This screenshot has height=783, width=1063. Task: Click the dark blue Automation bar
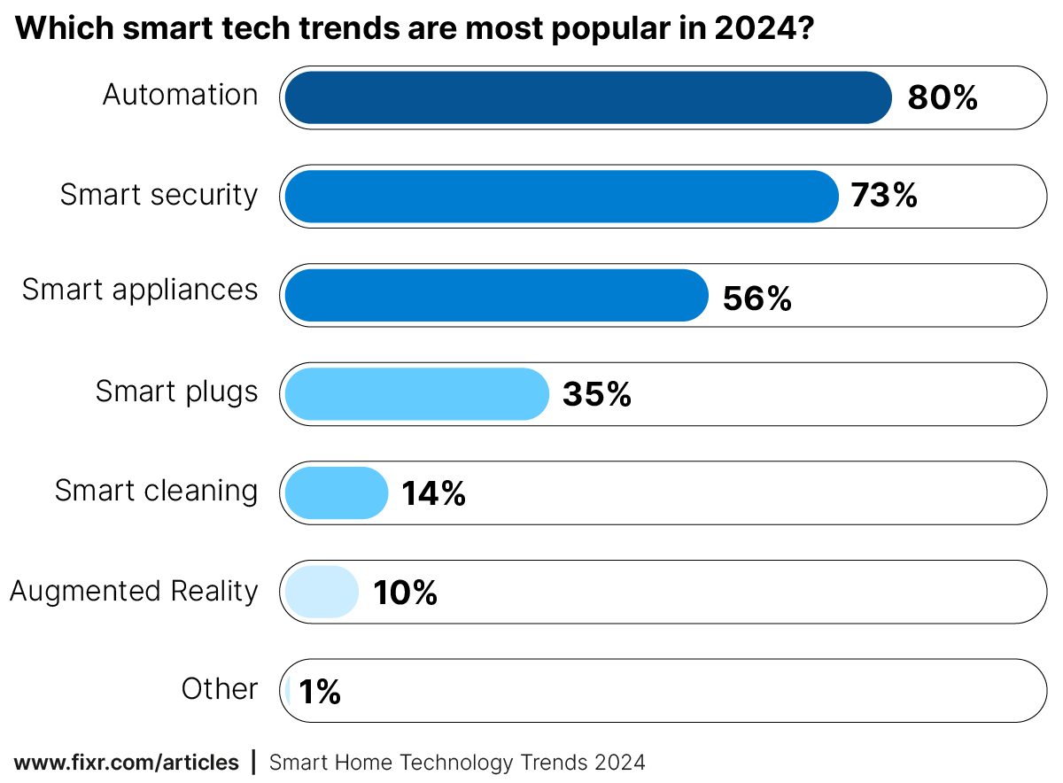(587, 97)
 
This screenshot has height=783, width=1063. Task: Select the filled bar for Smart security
(561, 197)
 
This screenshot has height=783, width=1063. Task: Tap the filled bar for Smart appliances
(496, 295)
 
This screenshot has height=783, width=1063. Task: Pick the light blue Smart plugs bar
(416, 394)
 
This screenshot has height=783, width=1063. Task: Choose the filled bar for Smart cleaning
(337, 492)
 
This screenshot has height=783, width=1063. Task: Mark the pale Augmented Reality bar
(322, 592)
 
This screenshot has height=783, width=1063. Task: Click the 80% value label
(943, 98)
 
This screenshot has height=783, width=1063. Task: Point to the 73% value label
(883, 196)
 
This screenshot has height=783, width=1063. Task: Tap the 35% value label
(596, 395)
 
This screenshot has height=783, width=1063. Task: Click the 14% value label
(433, 494)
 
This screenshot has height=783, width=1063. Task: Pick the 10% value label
(405, 593)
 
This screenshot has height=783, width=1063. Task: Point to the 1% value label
(320, 692)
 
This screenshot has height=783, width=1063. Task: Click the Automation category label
(181, 95)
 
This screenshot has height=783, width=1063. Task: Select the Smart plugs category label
(177, 391)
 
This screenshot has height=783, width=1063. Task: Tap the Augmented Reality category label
(134, 591)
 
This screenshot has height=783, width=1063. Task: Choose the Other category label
(220, 689)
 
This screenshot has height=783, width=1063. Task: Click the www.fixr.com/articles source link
(127, 763)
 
